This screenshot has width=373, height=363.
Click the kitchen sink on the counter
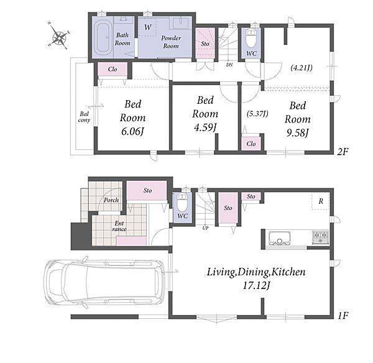tap(279, 238)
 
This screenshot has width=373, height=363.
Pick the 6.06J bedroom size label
tap(132, 131)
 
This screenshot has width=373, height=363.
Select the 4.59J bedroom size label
tap(205, 128)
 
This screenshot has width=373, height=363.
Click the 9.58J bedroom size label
tap(297, 133)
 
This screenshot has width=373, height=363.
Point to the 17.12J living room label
tap(256, 285)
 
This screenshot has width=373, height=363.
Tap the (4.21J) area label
tap(302, 68)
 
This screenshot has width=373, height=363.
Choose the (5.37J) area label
tap(257, 114)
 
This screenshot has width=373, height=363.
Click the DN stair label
tap(229, 65)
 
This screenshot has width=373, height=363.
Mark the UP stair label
tap(205, 228)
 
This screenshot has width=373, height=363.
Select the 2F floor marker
tap(343, 152)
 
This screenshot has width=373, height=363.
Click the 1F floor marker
tap(343, 316)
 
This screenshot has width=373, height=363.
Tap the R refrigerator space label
tap(321, 201)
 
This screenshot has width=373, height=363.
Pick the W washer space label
tap(147, 27)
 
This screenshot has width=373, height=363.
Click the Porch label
tap(111, 200)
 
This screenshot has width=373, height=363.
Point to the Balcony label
tap(84, 117)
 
